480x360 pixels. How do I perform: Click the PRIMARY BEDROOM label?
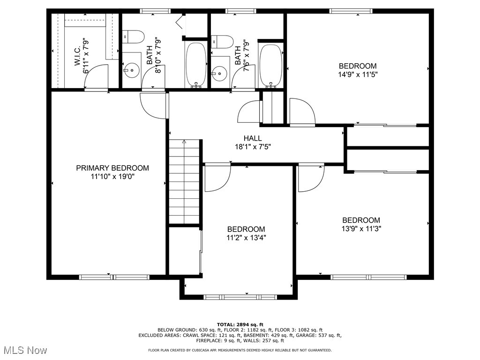pos(112,168)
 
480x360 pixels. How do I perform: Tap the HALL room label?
pos(253,138)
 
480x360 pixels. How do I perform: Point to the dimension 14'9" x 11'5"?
pos(358,75)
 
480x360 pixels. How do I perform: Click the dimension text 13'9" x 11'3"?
pos(361,229)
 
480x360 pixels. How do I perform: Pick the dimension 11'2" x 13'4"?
pos(246,238)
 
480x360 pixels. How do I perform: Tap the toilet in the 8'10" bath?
pos(133,37)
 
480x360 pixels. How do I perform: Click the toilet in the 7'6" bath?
pos(222,42)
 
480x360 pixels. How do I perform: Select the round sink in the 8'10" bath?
pos(132,70)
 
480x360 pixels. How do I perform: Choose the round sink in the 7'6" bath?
pos(219,74)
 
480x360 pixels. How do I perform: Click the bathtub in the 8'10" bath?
pos(196,65)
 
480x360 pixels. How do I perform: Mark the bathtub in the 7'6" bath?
pos(270,67)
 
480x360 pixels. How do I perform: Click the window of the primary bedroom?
pos(114,277)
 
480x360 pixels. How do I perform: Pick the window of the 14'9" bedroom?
pos(351,11)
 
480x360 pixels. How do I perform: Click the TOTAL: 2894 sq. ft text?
pos(240,324)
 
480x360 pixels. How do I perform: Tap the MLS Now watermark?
pos(25,350)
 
